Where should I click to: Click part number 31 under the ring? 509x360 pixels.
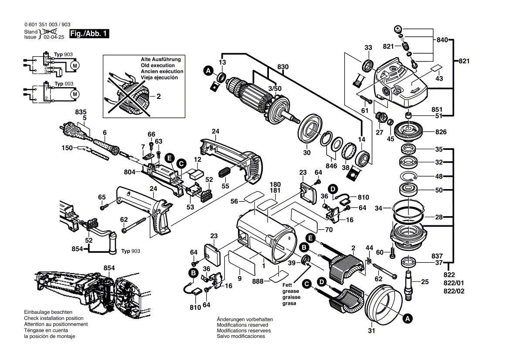[x=371, y=330]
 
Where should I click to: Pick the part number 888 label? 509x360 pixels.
[x=258, y=282]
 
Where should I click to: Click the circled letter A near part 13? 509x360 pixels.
[x=208, y=70]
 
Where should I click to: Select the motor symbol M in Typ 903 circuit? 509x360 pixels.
[x=75, y=65]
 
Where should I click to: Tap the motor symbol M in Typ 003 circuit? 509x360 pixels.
[x=75, y=94]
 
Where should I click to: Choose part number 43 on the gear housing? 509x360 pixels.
[x=439, y=79]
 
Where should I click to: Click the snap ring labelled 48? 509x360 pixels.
[x=409, y=177]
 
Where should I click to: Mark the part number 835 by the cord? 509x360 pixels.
[x=81, y=112]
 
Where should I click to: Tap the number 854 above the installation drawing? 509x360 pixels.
[x=109, y=268]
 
